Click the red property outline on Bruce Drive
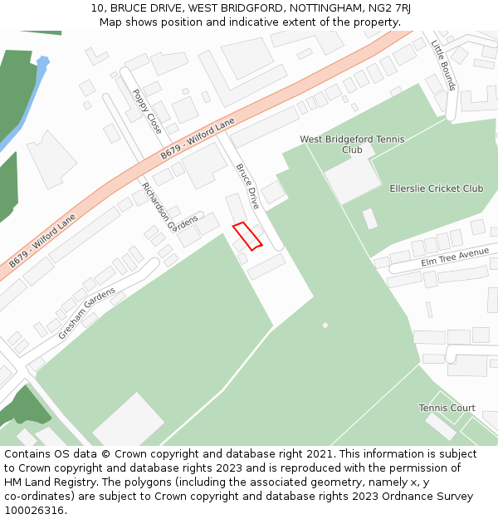coord(247,236)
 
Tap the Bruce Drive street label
coord(247,186)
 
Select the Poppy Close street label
coord(147,111)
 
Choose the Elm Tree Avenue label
coord(454,256)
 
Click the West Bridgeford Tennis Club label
coord(352,144)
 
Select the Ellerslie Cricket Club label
coord(436,189)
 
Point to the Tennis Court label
coord(447,408)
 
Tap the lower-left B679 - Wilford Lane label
coord(42,240)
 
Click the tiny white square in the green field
coord(325,325)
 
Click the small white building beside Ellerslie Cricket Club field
coord(370,218)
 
